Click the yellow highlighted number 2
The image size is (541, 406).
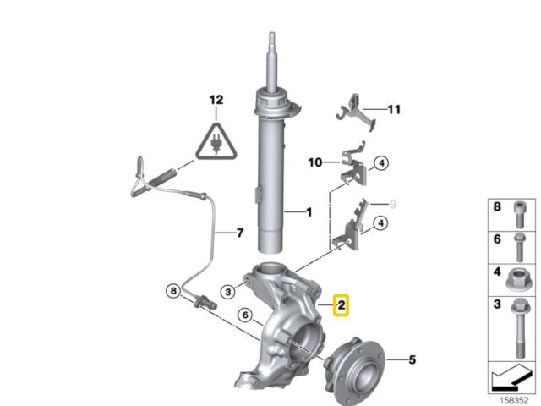pyautogui.click(x=341, y=305)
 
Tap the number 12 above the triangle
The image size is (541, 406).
pyautogui.click(x=216, y=100)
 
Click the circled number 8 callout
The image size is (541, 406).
pyautogui.click(x=173, y=291)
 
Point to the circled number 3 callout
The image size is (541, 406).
pyautogui.click(x=228, y=292)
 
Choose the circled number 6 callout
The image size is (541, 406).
pyautogui.click(x=245, y=315)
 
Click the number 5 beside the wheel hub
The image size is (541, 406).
pyautogui.click(x=412, y=360)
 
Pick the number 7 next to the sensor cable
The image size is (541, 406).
pyautogui.click(x=240, y=233)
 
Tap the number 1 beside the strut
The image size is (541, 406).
pyautogui.click(x=309, y=212)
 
